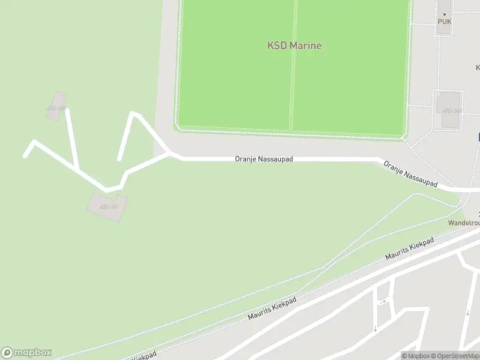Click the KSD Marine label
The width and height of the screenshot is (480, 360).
(x=294, y=46)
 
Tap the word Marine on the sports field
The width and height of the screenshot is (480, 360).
(x=305, y=46)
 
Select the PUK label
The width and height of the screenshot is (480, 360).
(x=444, y=22)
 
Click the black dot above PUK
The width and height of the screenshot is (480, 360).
(x=445, y=14)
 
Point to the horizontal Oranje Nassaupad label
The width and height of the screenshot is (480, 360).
(x=263, y=160)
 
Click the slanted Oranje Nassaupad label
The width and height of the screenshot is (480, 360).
(x=410, y=174)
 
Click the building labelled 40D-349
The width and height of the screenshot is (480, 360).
(x=107, y=207)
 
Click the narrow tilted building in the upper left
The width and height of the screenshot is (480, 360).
(x=57, y=106)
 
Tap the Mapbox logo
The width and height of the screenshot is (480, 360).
(x=26, y=353)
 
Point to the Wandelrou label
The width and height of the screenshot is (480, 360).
(x=464, y=223)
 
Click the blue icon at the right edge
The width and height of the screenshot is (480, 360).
(x=479, y=137)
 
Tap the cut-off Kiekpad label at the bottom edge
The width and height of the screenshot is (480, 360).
(x=144, y=356)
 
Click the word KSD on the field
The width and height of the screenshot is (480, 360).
(x=277, y=46)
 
